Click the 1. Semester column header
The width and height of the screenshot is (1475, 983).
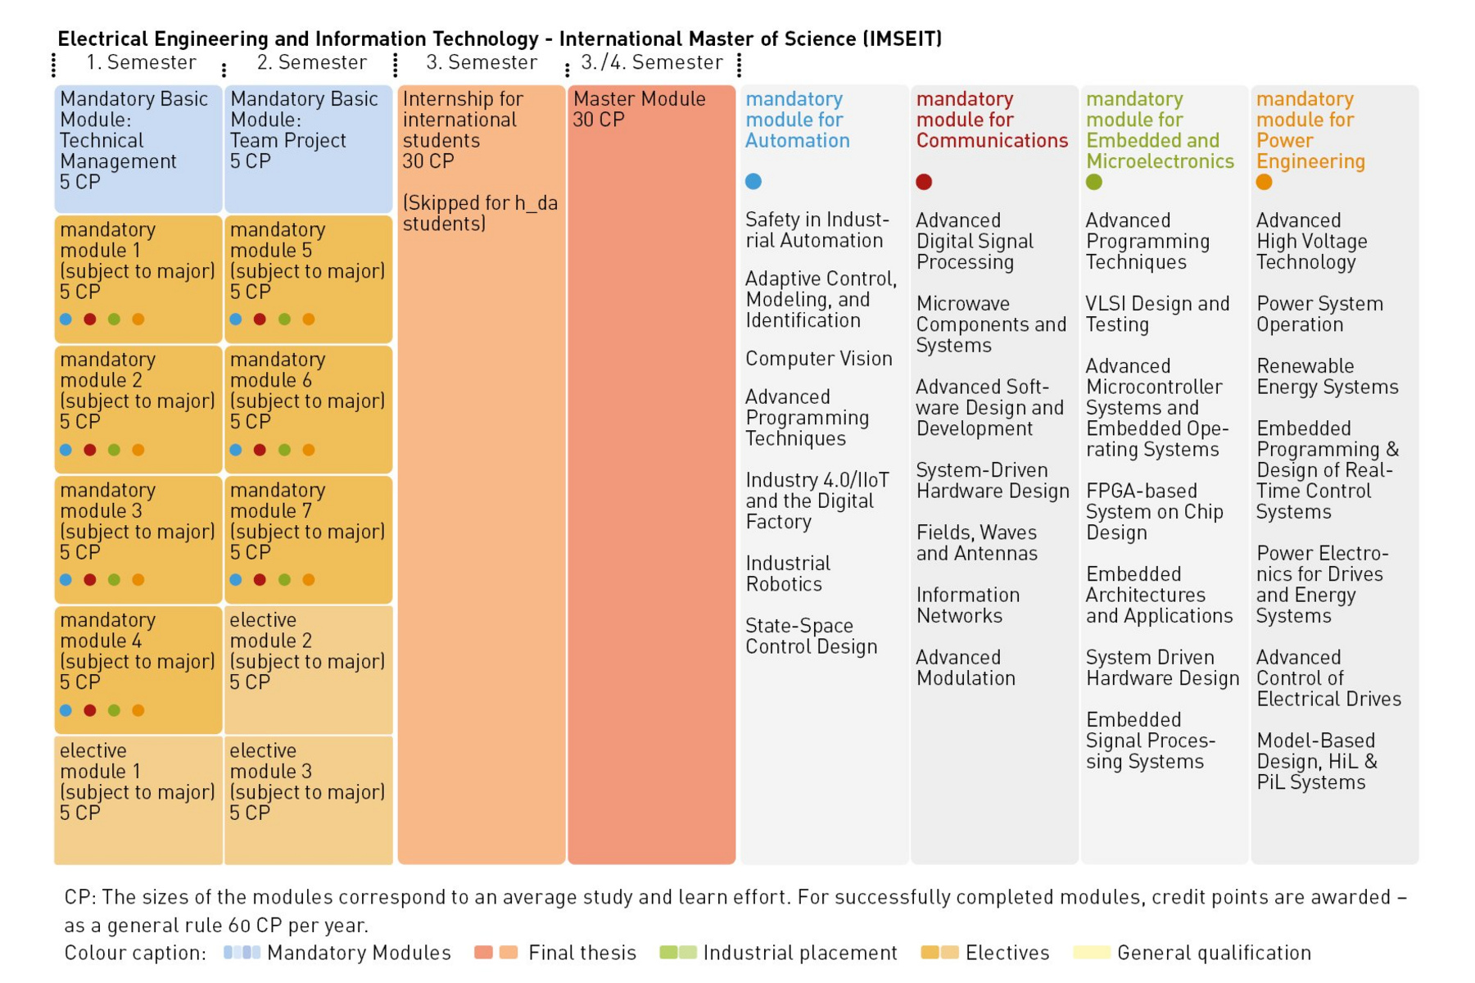click(x=142, y=62)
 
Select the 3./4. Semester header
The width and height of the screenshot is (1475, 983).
click(x=652, y=62)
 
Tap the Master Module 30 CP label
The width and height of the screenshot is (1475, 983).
click(x=639, y=109)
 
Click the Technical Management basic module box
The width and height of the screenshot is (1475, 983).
click(x=138, y=149)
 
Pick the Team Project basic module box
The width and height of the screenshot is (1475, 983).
click(x=308, y=149)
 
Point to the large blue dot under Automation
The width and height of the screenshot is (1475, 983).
click(x=753, y=182)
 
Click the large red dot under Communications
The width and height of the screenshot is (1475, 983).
click(x=924, y=182)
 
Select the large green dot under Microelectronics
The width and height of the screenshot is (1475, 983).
click(x=1094, y=182)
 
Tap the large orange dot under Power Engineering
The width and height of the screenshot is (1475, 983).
click(x=1265, y=182)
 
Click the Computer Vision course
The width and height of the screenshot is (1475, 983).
click(x=819, y=359)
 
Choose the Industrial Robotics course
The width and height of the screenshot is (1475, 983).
click(x=788, y=573)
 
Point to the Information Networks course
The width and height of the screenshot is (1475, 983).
click(x=968, y=605)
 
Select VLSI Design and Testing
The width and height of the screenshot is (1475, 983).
click(x=1158, y=314)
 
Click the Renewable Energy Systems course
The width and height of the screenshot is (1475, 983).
click(x=1328, y=376)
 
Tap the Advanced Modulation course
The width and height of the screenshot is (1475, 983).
click(x=966, y=668)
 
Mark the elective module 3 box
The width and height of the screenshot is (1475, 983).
click(x=308, y=800)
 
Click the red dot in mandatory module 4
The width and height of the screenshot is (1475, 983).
click(x=90, y=710)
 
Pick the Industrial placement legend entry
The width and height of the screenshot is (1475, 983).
click(x=779, y=953)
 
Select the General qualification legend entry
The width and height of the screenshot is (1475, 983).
click(x=1192, y=953)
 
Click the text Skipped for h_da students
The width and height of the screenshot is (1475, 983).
click(x=481, y=213)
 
